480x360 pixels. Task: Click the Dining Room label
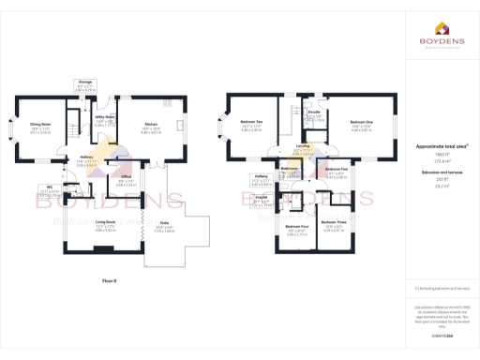pyautogui.click(x=39, y=124)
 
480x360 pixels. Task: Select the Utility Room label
pyautogui.click(x=105, y=121)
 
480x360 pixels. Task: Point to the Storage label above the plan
pyautogui.click(x=83, y=82)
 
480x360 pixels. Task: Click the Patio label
pyautogui.click(x=164, y=222)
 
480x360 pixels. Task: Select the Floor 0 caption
pyautogui.click(x=110, y=280)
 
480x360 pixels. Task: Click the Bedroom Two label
pyautogui.click(x=251, y=123)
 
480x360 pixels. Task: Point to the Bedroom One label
pyautogui.click(x=362, y=123)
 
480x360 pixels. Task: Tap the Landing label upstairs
pyautogui.click(x=303, y=146)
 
